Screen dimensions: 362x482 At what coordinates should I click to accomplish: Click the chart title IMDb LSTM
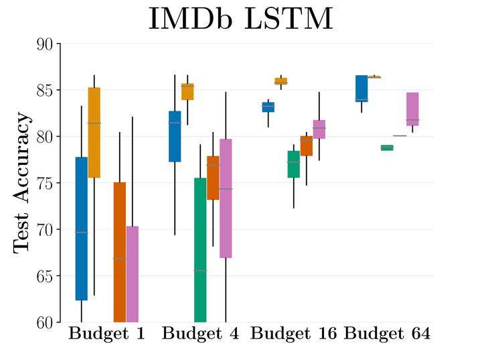click(240, 19)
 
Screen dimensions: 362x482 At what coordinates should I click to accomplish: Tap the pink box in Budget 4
click(226, 198)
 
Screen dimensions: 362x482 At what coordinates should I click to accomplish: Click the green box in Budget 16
click(293, 164)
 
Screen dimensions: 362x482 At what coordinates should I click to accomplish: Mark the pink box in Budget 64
click(412, 109)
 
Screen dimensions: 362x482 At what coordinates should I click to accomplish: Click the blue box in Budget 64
click(361, 88)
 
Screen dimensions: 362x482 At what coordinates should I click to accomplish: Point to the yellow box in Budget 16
click(280, 81)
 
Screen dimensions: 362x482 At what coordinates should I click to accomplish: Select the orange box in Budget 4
click(213, 178)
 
